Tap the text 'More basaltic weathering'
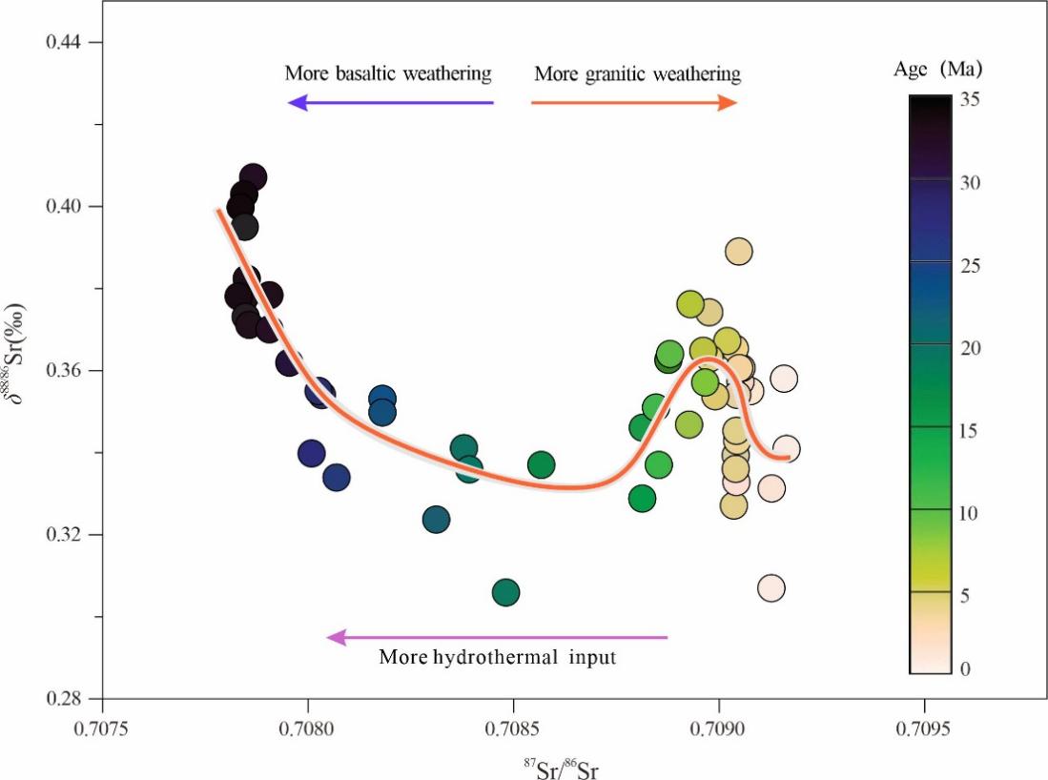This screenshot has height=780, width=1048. (387, 73)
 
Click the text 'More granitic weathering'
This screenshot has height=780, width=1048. (637, 73)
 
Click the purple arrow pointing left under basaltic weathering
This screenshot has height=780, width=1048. (390, 103)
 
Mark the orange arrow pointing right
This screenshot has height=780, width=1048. (634, 103)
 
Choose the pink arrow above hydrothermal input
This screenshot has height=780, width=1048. (497, 637)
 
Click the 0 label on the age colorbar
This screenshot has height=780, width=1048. (965, 669)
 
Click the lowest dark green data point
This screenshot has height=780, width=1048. (505, 593)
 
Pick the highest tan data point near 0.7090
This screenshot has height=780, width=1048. (738, 252)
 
